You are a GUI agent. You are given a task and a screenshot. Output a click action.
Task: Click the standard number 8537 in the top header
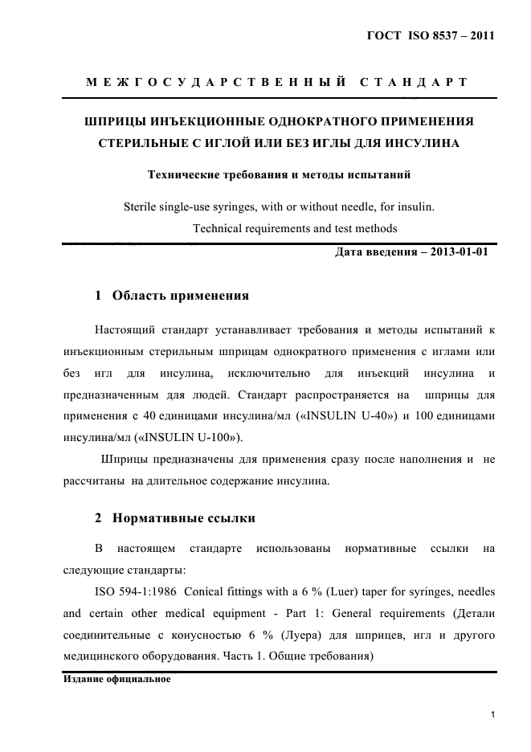[x=442, y=36]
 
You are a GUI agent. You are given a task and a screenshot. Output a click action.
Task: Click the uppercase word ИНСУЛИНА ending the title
[x=419, y=144]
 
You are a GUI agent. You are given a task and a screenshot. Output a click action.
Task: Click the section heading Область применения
[x=181, y=296]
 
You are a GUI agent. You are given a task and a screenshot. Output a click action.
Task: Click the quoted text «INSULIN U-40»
[x=342, y=416]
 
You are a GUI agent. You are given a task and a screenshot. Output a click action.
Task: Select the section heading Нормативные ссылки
[x=184, y=518]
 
